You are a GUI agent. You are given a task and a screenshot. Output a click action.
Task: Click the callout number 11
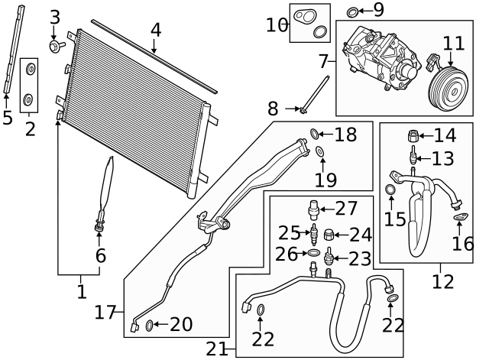pyautogui.click(x=454, y=44)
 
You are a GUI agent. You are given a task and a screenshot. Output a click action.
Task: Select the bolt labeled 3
pyautogui.click(x=57, y=46)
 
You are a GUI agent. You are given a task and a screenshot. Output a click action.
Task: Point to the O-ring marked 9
pyautogui.click(x=352, y=12)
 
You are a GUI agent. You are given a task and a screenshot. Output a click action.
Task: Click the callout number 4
pyautogui.click(x=156, y=31)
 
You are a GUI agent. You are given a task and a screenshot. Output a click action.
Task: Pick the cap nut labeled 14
pyautogui.click(x=413, y=136)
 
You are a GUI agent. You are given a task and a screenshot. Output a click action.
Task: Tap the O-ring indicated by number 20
pyautogui.click(x=150, y=326)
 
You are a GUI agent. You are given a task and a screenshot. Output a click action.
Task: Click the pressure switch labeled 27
pyautogui.click(x=314, y=209)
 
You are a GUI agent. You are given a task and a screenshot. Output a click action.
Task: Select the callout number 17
pyautogui.click(x=105, y=313)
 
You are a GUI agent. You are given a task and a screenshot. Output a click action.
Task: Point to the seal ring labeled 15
pyautogui.click(x=390, y=189)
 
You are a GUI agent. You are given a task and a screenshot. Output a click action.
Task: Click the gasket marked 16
pyautogui.click(x=460, y=217)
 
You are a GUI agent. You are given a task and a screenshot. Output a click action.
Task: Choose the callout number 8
pyautogui.click(x=273, y=109)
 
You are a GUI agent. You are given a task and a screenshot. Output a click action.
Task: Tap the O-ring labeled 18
pyautogui.click(x=315, y=134)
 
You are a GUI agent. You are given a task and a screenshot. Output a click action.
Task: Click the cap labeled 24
pyautogui.click(x=329, y=235)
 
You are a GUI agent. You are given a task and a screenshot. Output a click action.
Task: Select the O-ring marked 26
pyautogui.click(x=314, y=252)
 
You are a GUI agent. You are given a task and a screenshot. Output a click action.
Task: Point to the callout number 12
pyautogui.click(x=443, y=281)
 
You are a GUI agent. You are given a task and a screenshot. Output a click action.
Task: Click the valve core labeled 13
pyautogui.click(x=413, y=154)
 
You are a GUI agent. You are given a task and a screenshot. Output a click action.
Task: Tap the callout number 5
pyautogui.click(x=8, y=118)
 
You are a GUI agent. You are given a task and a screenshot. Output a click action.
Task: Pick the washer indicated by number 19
pyautogui.click(x=319, y=151)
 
